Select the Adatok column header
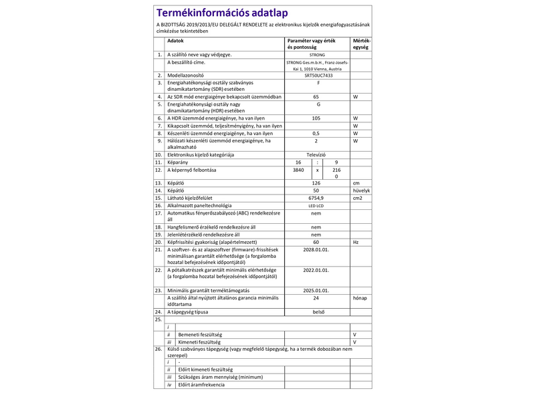coord(176,41)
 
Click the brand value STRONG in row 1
coord(317,54)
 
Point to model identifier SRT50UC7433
coord(317,76)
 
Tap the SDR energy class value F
coord(317,83)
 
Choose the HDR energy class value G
coord(317,104)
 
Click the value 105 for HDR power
coord(317,118)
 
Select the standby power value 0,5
coord(317,133)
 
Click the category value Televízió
coord(317,154)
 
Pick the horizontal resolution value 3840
coord(298,170)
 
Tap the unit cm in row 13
coord(356,182)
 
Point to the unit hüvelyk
coord(361,190)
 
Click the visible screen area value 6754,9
coord(317,198)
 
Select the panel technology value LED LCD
coord(317,205)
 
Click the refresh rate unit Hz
coord(356,242)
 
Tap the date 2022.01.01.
coord(317,271)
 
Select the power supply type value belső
coord(317,312)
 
